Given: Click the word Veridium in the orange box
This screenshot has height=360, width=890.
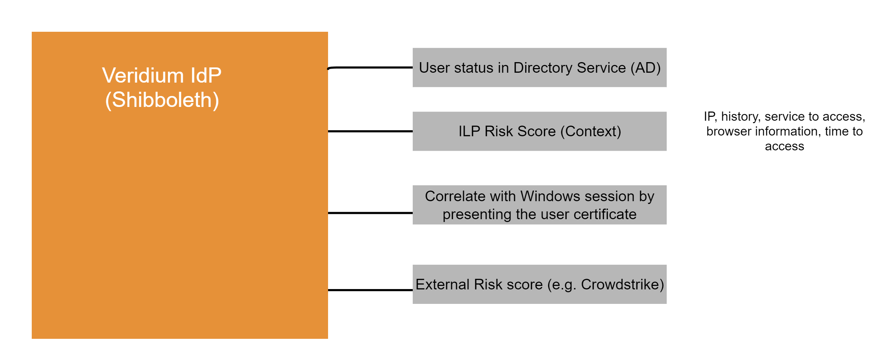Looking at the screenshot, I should pyautogui.click(x=143, y=76).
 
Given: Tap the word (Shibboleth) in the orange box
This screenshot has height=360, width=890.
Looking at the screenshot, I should pyautogui.click(x=162, y=100).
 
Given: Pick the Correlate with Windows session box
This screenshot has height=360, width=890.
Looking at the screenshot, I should pyautogui.click(x=539, y=205).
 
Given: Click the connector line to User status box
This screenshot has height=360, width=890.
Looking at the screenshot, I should pyautogui.click(x=370, y=67).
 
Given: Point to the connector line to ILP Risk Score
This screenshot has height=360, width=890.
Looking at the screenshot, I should pyautogui.click(x=370, y=131).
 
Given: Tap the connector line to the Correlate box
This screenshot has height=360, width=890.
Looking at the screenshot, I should pyautogui.click(x=370, y=213).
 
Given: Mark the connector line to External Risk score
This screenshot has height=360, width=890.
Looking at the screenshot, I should pyautogui.click(x=370, y=290).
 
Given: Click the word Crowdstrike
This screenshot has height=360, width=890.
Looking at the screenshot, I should pyautogui.click(x=622, y=284).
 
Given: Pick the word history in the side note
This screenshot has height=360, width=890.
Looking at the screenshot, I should pyautogui.click(x=740, y=116).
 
